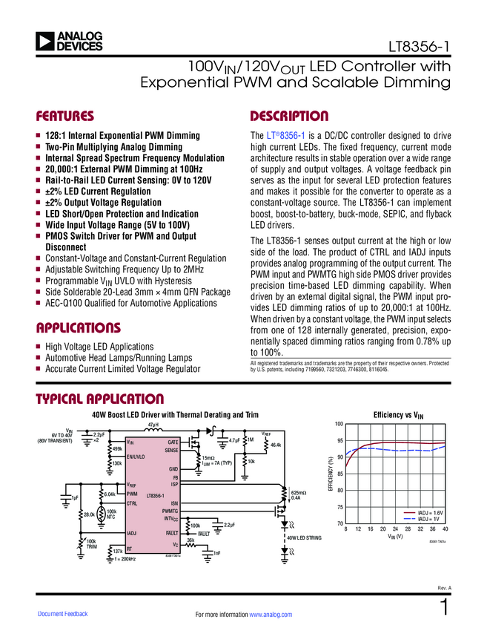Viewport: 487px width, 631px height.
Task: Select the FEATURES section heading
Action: [x=65, y=117]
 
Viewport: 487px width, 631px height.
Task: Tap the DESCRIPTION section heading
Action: [x=289, y=117]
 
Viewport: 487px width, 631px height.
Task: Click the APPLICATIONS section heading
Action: [x=78, y=327]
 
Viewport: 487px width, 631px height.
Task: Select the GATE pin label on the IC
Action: [x=172, y=442]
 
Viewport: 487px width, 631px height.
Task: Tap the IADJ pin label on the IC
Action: [x=132, y=533]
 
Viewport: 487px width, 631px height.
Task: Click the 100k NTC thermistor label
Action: [x=112, y=514]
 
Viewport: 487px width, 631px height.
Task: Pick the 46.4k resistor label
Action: [x=276, y=445]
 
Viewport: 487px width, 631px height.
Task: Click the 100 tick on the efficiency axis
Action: [x=339, y=425]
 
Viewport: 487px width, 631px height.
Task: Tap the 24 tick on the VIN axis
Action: [x=396, y=529]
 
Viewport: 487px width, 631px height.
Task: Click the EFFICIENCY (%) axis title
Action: [x=331, y=475]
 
